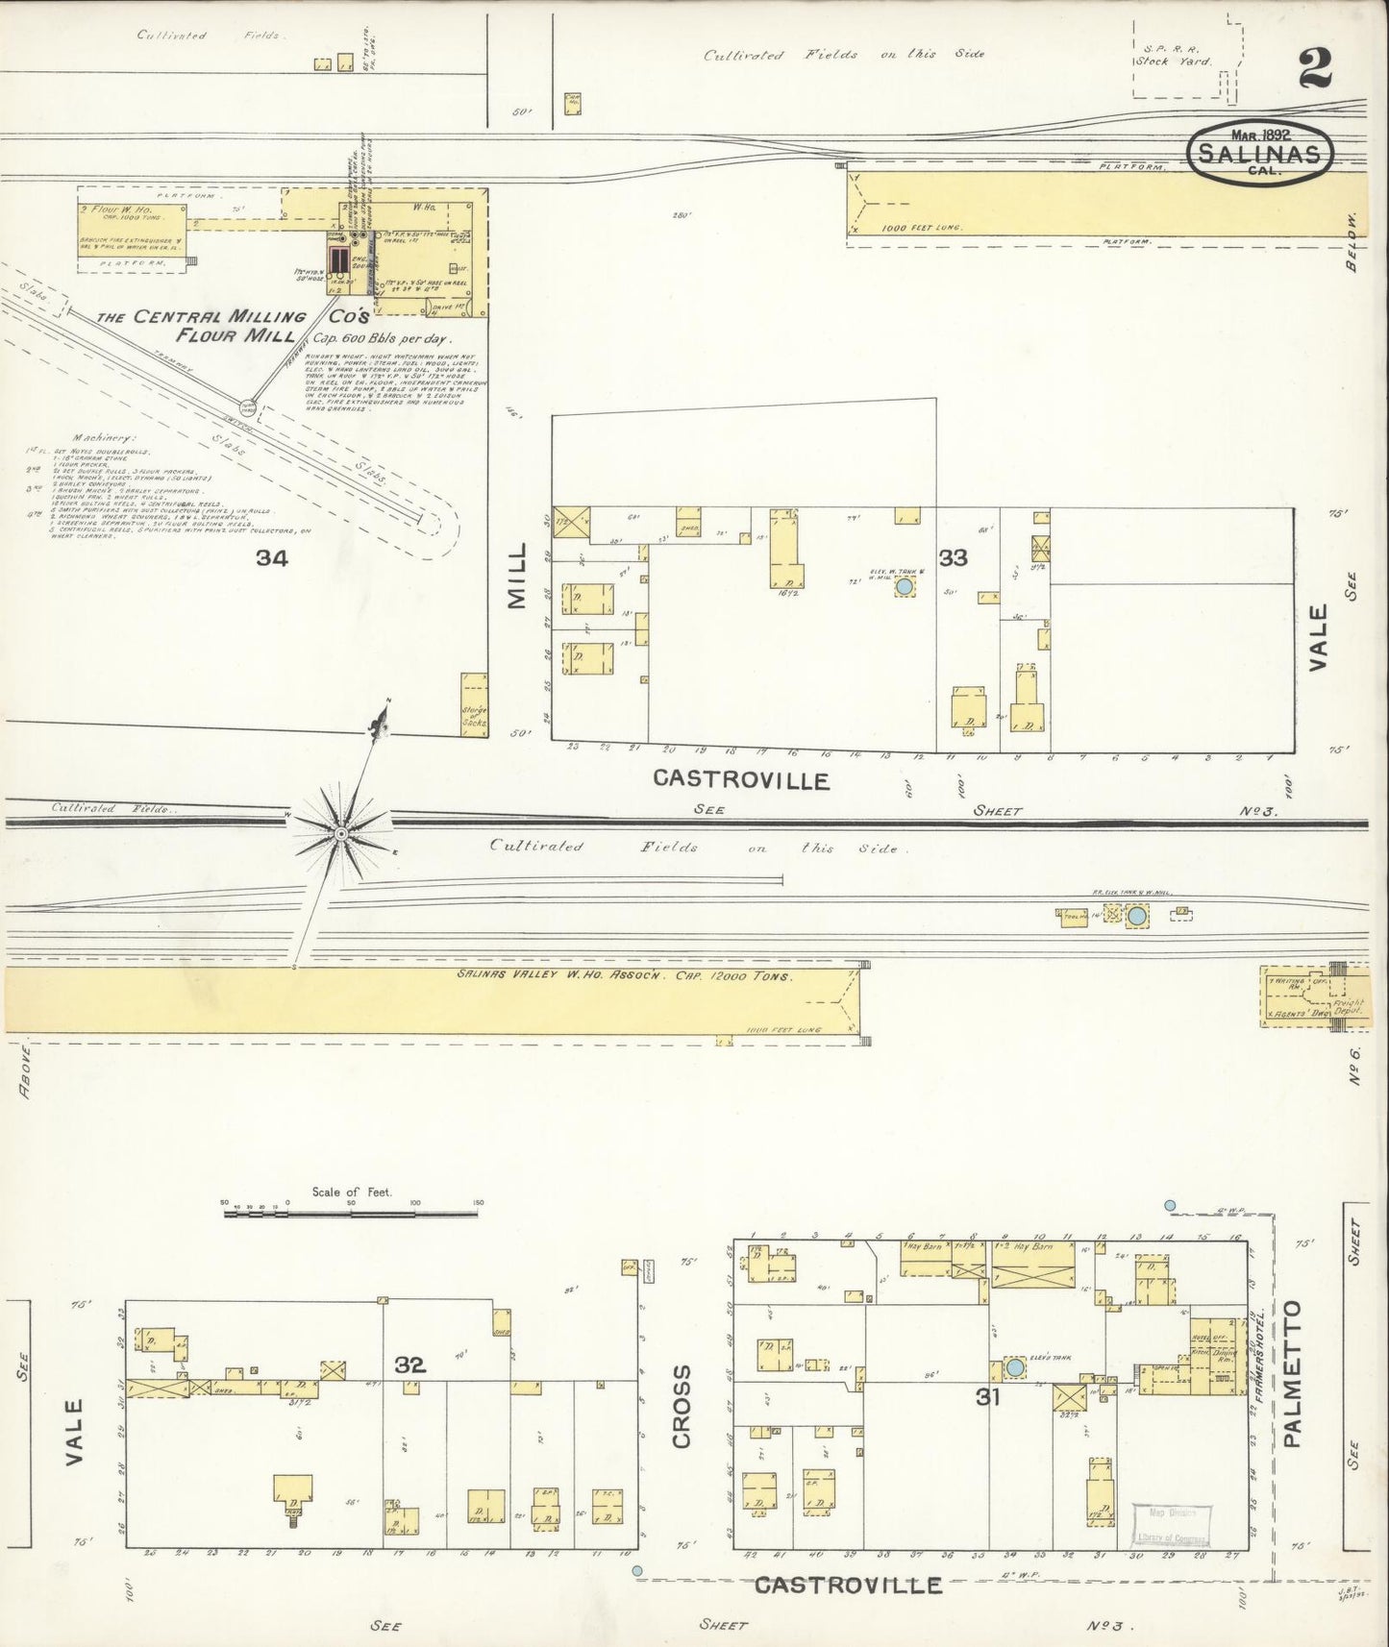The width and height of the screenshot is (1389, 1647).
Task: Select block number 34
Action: pos(272,557)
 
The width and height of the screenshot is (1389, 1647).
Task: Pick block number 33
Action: pos(953,557)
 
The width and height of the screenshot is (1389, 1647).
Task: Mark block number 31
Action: pos(988,1424)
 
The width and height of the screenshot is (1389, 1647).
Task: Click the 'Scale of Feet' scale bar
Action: pos(351,1214)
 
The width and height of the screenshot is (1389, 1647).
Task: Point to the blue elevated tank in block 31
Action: pos(1014,1367)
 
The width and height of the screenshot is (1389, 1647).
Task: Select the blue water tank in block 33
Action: pos(904,586)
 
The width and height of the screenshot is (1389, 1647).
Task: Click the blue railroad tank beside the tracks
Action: pos(1137,916)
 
